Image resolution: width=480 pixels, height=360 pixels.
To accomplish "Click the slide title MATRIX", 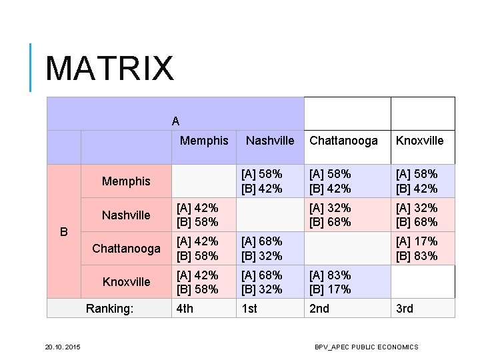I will [109, 69].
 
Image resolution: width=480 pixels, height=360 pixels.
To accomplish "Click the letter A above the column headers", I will [175, 121].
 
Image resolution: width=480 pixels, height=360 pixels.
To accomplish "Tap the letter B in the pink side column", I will [64, 231].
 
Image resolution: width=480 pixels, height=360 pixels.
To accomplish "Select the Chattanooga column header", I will [343, 141].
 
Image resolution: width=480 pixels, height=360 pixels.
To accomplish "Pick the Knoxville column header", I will [419, 141].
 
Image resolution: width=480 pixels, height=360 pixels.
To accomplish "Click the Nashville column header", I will [270, 141].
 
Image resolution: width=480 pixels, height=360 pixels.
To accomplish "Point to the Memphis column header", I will [204, 141].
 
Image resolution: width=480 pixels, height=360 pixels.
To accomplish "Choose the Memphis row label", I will [126, 181].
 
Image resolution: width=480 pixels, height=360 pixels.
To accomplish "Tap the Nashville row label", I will [126, 215].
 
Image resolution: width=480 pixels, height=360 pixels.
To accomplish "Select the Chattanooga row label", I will [126, 249].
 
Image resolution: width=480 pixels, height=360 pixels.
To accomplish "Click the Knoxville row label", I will [126, 282].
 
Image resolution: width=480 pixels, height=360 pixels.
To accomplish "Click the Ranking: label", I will [110, 308].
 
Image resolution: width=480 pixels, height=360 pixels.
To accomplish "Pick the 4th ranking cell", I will [185, 308].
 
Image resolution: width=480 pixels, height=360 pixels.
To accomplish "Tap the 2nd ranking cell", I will [320, 308].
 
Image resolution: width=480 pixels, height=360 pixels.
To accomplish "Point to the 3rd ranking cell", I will [405, 308].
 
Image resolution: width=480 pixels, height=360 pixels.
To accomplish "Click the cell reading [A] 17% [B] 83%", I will [417, 249].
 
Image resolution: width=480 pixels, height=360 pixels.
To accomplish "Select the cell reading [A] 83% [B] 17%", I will [330, 282].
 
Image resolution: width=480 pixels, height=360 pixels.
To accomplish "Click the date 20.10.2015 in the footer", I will [63, 347].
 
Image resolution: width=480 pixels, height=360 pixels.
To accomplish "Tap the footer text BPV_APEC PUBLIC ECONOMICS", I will [367, 347].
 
